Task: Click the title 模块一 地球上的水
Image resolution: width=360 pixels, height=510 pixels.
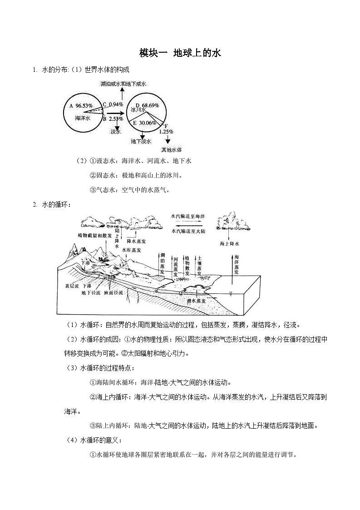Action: click(x=180, y=54)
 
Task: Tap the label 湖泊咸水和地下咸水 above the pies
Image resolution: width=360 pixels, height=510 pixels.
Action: click(x=123, y=84)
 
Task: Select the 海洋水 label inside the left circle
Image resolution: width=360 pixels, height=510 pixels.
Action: click(x=84, y=118)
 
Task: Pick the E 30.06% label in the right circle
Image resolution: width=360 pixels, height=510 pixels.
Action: click(x=144, y=123)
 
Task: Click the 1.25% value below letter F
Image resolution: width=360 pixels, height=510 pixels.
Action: click(x=166, y=132)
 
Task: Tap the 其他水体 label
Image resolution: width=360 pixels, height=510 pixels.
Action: click(x=172, y=149)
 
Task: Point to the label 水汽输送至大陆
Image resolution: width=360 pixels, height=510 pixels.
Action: click(x=187, y=231)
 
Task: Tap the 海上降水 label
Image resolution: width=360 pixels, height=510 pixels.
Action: click(x=230, y=244)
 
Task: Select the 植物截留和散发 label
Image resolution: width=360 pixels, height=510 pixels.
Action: click(x=94, y=236)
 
